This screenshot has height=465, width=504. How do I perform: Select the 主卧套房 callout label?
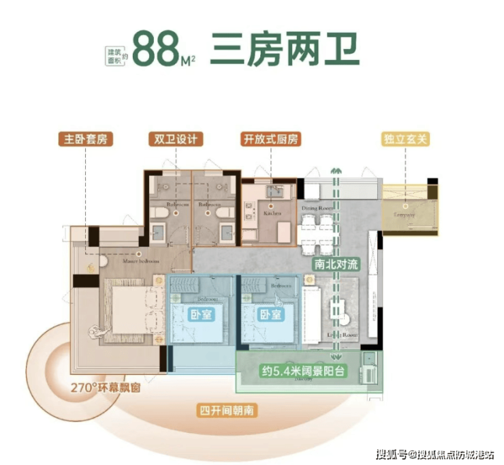[x=84, y=140]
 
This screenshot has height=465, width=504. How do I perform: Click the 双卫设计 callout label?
[x=174, y=140]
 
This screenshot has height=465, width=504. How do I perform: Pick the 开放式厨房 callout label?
[x=270, y=140]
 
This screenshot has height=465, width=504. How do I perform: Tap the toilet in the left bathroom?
[x=157, y=217]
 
